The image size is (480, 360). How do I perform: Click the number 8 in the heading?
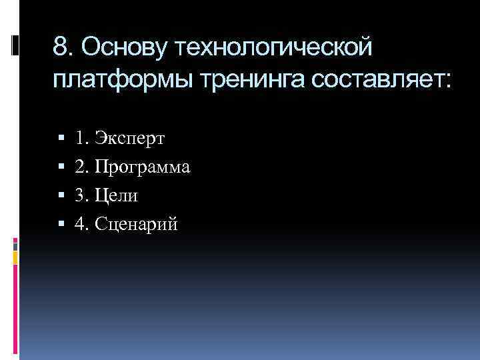(x=60, y=47)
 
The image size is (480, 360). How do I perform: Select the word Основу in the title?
(x=127, y=47)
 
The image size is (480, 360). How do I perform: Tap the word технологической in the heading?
(x=275, y=47)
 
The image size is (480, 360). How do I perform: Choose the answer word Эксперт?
(x=129, y=139)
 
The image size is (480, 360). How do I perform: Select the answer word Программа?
(x=142, y=167)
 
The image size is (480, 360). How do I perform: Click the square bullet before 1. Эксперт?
(x=61, y=139)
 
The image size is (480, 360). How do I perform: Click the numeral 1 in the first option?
(x=79, y=139)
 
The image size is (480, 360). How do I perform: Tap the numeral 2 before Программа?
(x=79, y=167)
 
